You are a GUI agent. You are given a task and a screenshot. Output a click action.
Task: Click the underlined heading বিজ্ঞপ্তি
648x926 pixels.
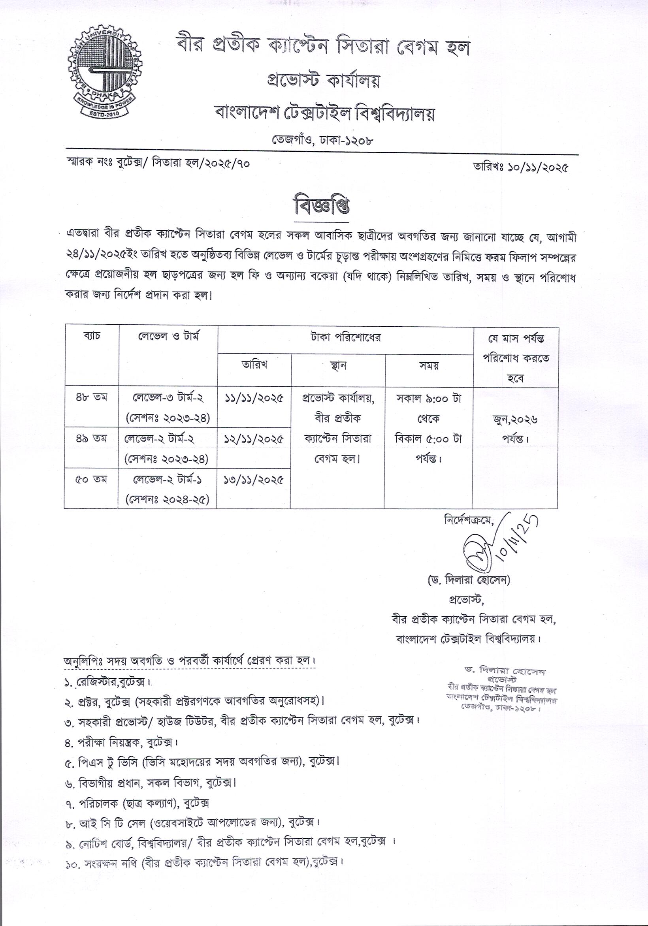[x=322, y=207]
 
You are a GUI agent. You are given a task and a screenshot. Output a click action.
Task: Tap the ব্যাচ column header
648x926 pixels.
[x=92, y=335]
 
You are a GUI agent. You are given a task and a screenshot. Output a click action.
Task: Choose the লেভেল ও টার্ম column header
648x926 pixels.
[x=168, y=335]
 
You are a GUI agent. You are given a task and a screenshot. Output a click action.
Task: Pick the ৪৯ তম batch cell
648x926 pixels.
[x=92, y=438]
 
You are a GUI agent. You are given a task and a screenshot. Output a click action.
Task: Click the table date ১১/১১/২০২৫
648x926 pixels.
[x=254, y=398]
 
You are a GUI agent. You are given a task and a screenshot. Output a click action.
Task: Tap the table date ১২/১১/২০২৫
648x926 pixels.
[x=254, y=439]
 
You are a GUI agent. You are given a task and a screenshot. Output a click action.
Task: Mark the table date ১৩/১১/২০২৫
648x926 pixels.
[x=254, y=480]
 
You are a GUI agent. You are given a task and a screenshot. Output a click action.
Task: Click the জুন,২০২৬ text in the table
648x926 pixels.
[x=515, y=420]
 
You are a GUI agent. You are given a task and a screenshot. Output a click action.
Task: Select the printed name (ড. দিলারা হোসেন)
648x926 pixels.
[x=469, y=580]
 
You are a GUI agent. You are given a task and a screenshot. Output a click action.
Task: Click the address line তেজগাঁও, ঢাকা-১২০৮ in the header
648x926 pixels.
[x=322, y=140]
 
